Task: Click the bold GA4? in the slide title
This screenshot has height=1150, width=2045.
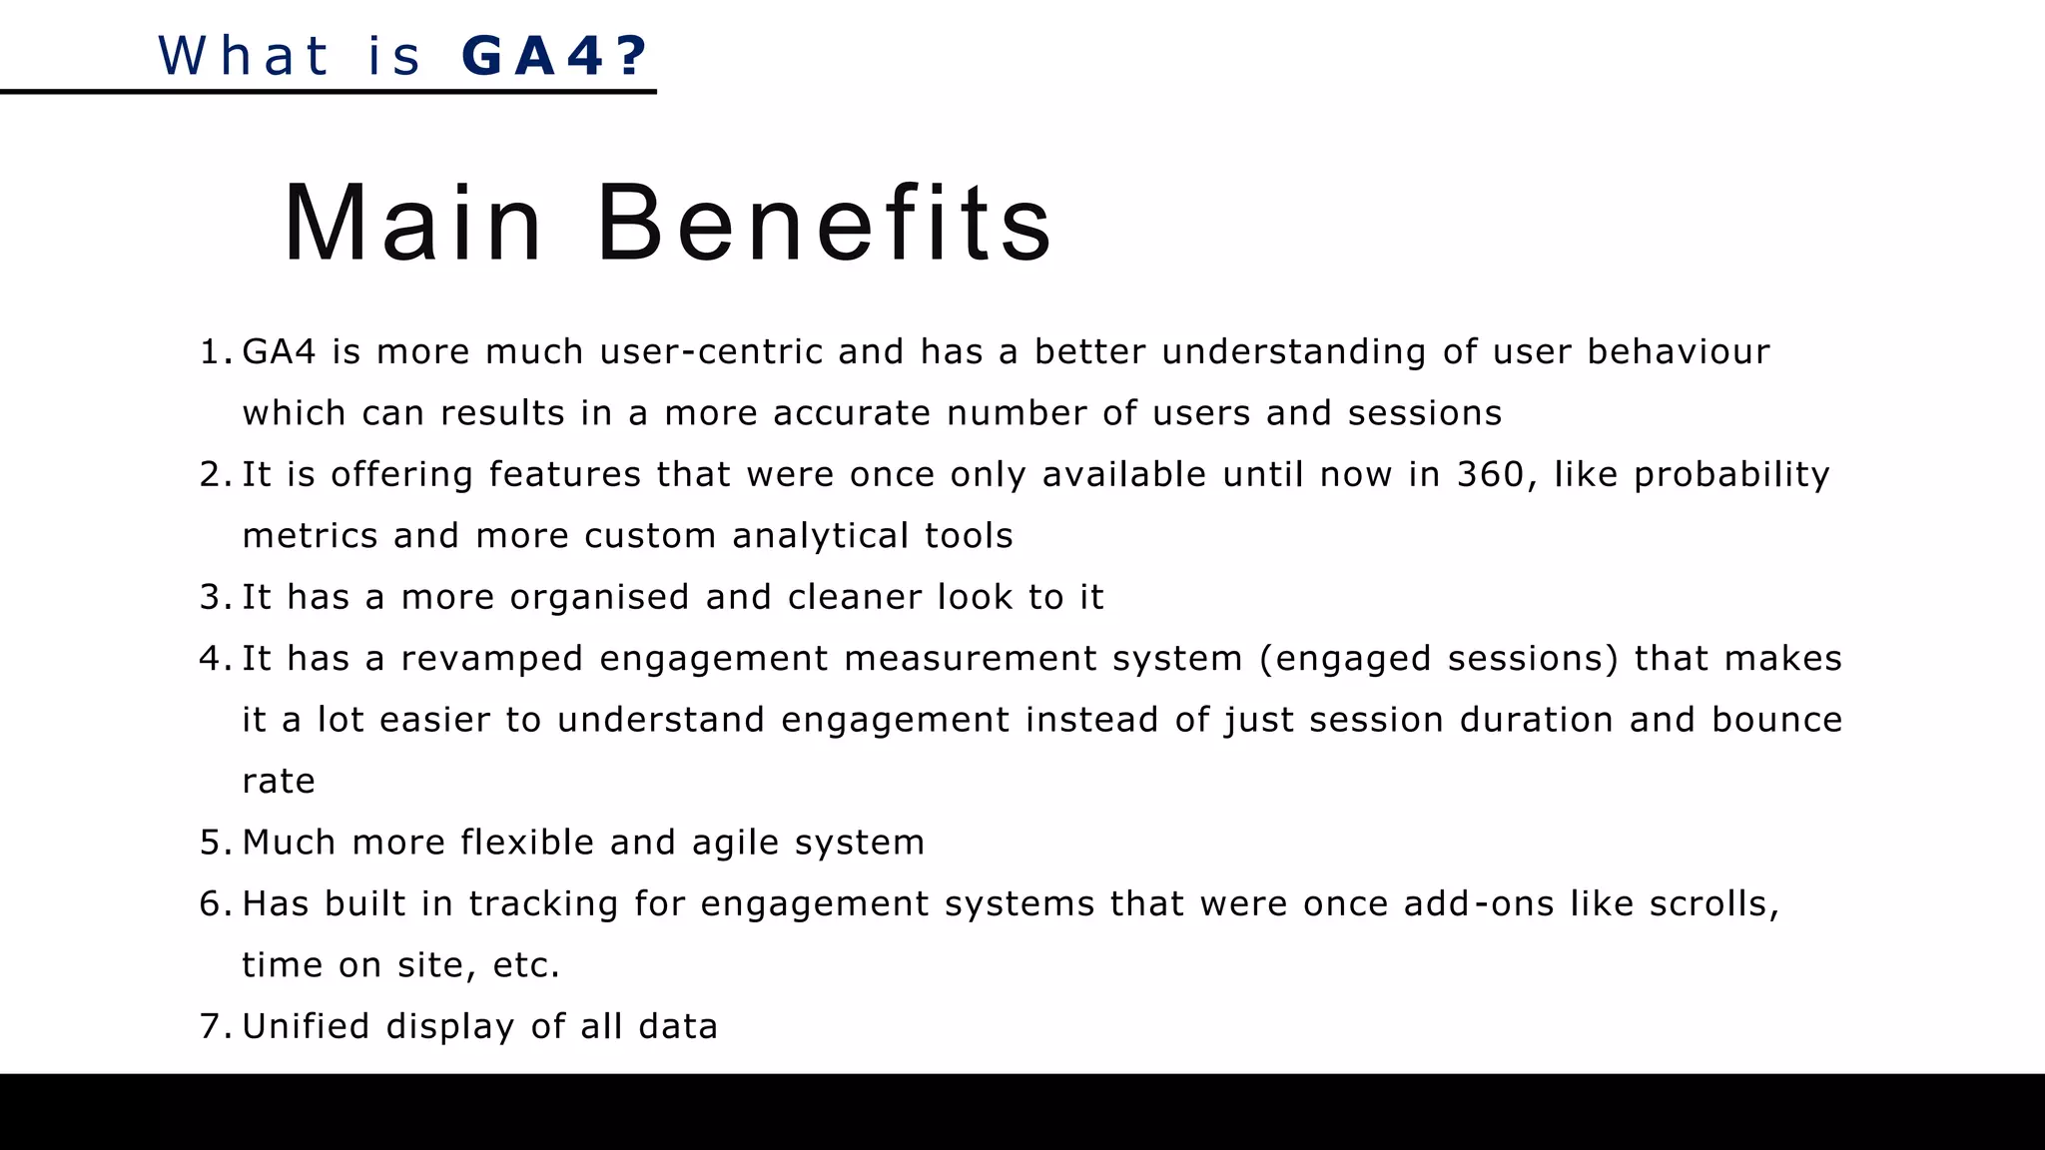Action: (555, 56)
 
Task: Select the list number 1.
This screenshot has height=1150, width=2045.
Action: (214, 352)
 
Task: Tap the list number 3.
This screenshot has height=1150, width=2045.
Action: (214, 597)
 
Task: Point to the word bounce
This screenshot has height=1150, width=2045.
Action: (1776, 720)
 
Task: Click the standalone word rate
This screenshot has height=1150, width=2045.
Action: (278, 782)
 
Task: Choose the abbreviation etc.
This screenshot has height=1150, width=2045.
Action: (525, 965)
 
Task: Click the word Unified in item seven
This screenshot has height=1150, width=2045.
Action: (306, 1026)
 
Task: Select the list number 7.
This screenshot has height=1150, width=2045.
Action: (214, 1026)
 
